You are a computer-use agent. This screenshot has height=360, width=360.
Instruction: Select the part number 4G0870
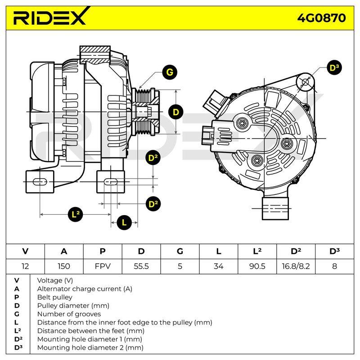click(321, 18)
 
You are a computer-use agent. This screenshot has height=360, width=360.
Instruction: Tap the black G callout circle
click(170, 72)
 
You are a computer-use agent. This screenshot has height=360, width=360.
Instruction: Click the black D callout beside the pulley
click(175, 112)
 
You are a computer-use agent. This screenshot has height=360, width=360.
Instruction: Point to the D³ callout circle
click(334, 68)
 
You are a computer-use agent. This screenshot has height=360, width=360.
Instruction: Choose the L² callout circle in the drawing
click(76, 215)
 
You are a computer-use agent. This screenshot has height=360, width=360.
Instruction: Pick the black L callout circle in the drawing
click(124, 222)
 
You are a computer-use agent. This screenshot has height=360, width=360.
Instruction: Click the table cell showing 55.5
click(141, 266)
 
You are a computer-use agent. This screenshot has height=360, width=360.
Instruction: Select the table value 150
click(64, 266)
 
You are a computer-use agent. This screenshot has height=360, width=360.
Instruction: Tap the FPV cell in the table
click(103, 266)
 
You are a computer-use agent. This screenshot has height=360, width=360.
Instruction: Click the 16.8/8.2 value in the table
click(296, 266)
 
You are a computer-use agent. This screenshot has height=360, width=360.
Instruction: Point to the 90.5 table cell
click(257, 266)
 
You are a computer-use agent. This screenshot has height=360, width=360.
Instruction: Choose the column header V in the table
click(25, 251)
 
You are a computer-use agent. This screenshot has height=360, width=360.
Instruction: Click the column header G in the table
click(180, 251)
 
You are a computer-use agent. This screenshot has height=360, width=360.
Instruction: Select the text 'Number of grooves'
click(69, 314)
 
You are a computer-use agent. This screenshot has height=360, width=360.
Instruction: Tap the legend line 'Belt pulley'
click(54, 297)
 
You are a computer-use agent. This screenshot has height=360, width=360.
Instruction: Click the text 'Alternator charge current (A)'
click(85, 289)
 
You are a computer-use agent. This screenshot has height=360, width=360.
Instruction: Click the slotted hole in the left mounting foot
click(40, 182)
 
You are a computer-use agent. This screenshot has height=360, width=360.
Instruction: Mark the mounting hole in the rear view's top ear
click(305, 82)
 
